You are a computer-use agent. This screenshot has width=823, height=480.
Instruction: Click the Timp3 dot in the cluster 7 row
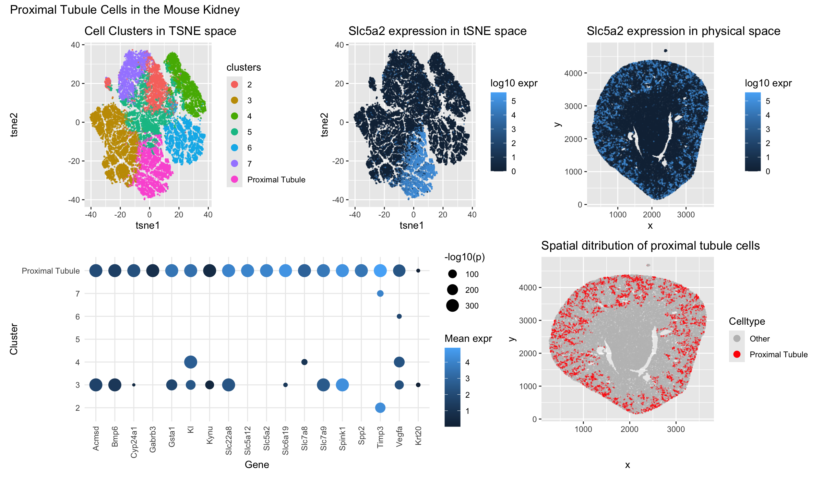(x=380, y=293)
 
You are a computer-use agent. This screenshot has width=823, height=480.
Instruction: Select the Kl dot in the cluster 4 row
(x=191, y=362)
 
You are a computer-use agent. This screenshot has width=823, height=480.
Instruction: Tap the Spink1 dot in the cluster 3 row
(x=342, y=385)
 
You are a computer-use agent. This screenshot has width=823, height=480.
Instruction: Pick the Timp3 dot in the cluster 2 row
(x=380, y=408)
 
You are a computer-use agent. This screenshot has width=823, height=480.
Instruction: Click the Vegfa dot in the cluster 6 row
(x=399, y=316)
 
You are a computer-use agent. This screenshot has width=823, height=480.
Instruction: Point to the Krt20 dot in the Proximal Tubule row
(x=418, y=271)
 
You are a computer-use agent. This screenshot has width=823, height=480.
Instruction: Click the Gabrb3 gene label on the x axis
(x=153, y=439)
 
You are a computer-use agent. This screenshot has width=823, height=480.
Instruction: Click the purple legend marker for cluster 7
(x=235, y=164)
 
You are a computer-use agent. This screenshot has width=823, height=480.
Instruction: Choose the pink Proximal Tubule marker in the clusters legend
(x=235, y=179)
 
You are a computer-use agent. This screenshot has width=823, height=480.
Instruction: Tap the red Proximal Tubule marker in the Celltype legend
(x=737, y=355)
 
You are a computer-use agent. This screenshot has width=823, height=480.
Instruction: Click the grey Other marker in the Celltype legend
(x=737, y=339)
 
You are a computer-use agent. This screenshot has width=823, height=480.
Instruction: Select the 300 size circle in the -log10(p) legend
(x=453, y=305)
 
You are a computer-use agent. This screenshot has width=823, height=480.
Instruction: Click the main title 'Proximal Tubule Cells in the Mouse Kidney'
(x=125, y=10)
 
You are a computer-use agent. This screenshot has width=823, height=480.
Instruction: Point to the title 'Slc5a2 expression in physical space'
(x=683, y=31)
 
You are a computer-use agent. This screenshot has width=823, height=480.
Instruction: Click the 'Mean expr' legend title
(x=468, y=339)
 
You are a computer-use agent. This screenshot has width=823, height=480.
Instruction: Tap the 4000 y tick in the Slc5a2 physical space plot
(x=573, y=73)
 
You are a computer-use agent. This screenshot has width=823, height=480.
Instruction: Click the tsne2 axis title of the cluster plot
(x=14, y=125)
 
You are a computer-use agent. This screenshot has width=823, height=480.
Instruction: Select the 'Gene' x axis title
(x=257, y=465)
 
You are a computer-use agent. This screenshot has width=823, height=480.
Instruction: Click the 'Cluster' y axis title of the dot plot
(x=14, y=339)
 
